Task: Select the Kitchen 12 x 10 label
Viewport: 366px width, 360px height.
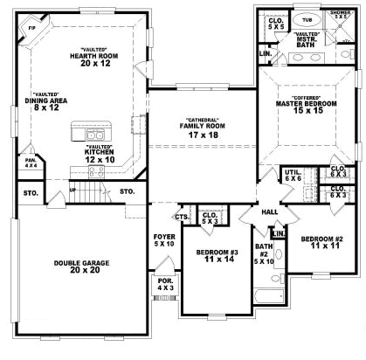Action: tap(99, 158)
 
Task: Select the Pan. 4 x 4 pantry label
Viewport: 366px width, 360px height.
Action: tap(30, 163)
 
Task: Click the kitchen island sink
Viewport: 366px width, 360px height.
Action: tap(95, 135)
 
